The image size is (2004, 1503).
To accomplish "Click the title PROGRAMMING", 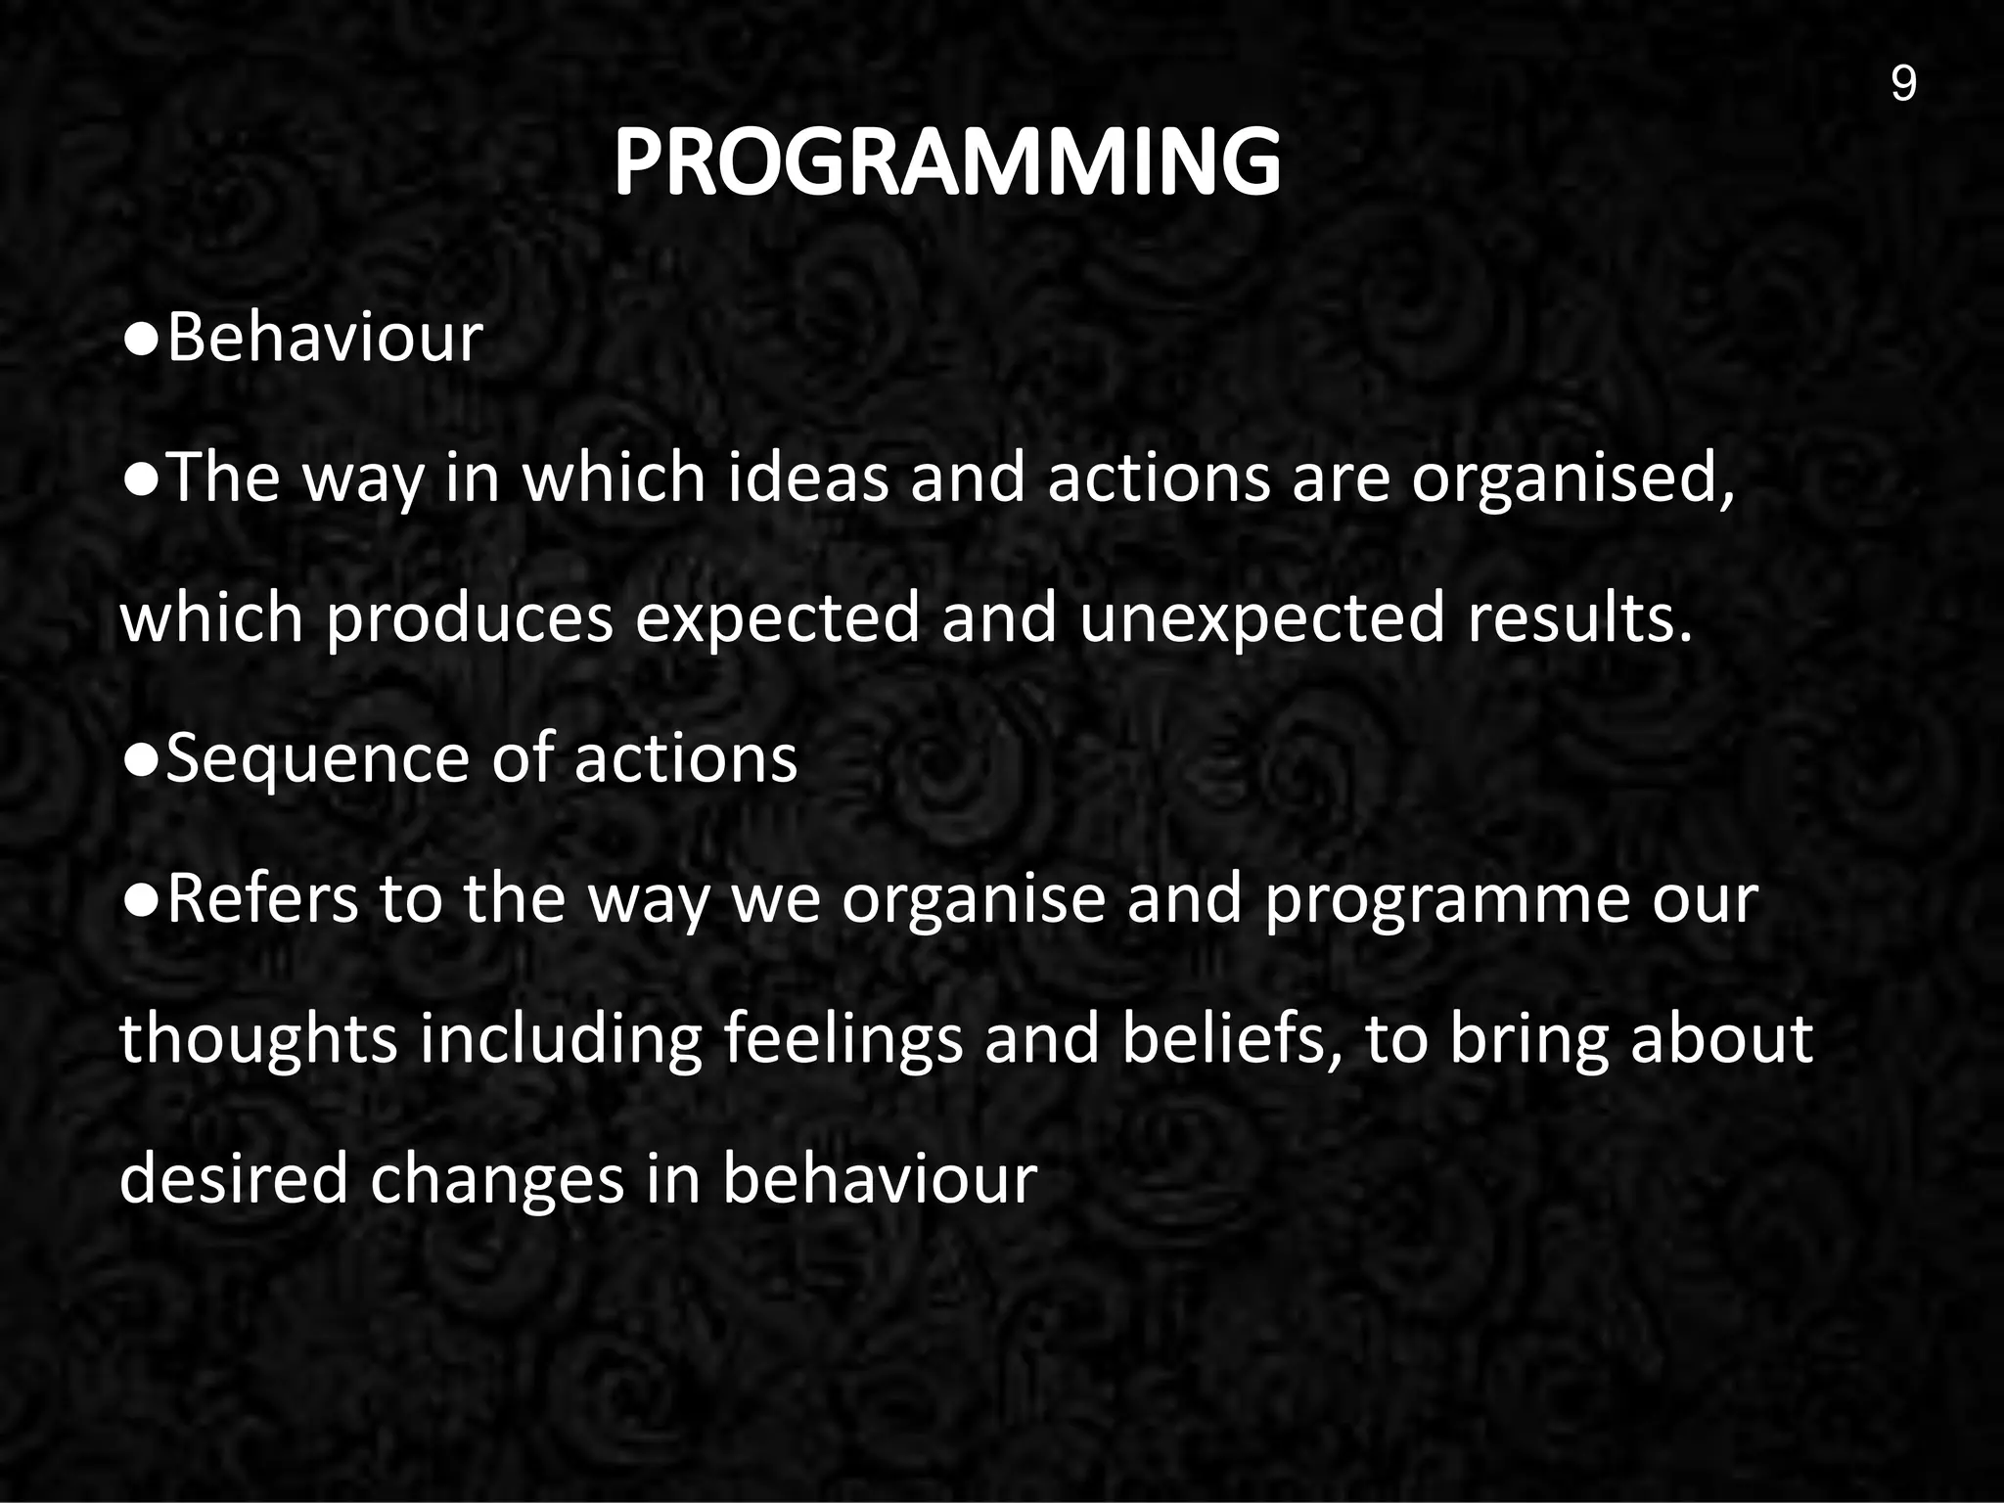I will tap(946, 162).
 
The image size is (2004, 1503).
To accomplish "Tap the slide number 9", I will tap(1903, 84).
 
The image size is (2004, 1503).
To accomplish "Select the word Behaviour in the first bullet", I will tap(325, 339).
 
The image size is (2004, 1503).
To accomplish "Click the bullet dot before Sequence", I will tap(141, 761).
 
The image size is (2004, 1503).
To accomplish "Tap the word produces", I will tap(469, 620).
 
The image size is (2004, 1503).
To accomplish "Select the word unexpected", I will tap(1261, 620).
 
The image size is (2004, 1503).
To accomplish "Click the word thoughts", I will tap(258, 1041).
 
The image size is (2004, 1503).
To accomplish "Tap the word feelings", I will tap(843, 1041).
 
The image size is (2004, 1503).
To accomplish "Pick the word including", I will tap(561, 1041).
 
